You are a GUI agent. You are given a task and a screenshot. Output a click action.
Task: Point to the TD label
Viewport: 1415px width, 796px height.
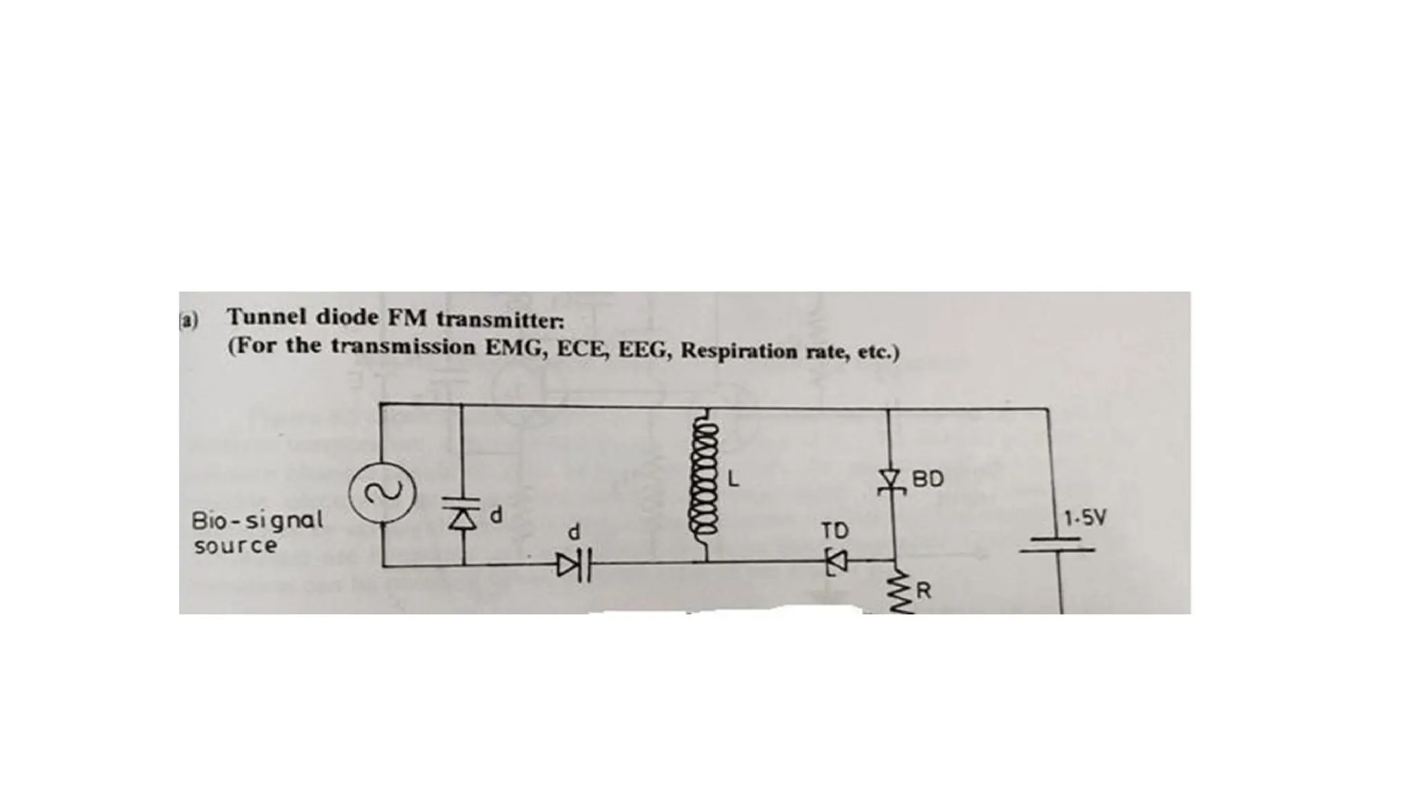click(835, 531)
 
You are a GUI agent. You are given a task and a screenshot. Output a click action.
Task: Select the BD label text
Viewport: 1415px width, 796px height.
click(928, 479)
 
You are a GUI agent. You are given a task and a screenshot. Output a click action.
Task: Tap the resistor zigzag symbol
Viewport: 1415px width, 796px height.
click(900, 593)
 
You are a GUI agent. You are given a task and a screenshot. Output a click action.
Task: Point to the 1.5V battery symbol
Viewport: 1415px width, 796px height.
click(1057, 545)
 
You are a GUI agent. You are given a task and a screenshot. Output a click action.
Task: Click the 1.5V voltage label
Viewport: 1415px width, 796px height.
click(1085, 518)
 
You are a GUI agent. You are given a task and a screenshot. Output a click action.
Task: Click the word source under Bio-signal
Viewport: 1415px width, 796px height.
click(235, 546)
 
